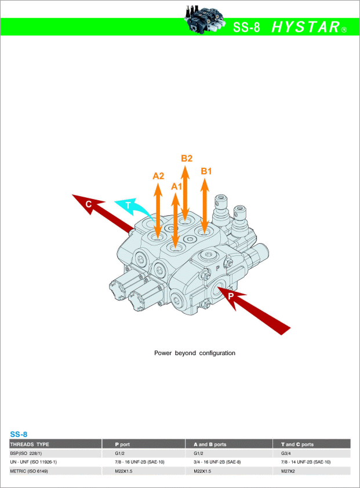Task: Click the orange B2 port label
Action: pyautogui.click(x=187, y=158)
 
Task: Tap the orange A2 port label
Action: pyautogui.click(x=158, y=176)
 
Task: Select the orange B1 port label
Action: pyautogui.click(x=206, y=171)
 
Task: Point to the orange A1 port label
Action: pyautogui.click(x=176, y=186)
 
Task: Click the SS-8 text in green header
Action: pyautogui.click(x=246, y=27)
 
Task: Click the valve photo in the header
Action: pyautogui.click(x=204, y=19)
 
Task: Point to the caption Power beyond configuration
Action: pyautogui.click(x=195, y=353)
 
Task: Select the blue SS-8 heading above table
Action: pyautogui.click(x=19, y=434)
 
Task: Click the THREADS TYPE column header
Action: pyautogui.click(x=30, y=444)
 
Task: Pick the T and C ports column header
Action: pyautogui.click(x=297, y=444)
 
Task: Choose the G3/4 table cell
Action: pyautogui.click(x=286, y=453)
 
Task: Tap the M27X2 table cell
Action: pyautogui.click(x=288, y=471)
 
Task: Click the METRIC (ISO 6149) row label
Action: pyautogui.click(x=29, y=471)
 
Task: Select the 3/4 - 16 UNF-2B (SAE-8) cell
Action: pyautogui.click(x=217, y=462)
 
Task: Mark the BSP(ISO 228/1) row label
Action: pyautogui.click(x=26, y=453)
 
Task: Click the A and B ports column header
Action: pyautogui.click(x=210, y=444)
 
